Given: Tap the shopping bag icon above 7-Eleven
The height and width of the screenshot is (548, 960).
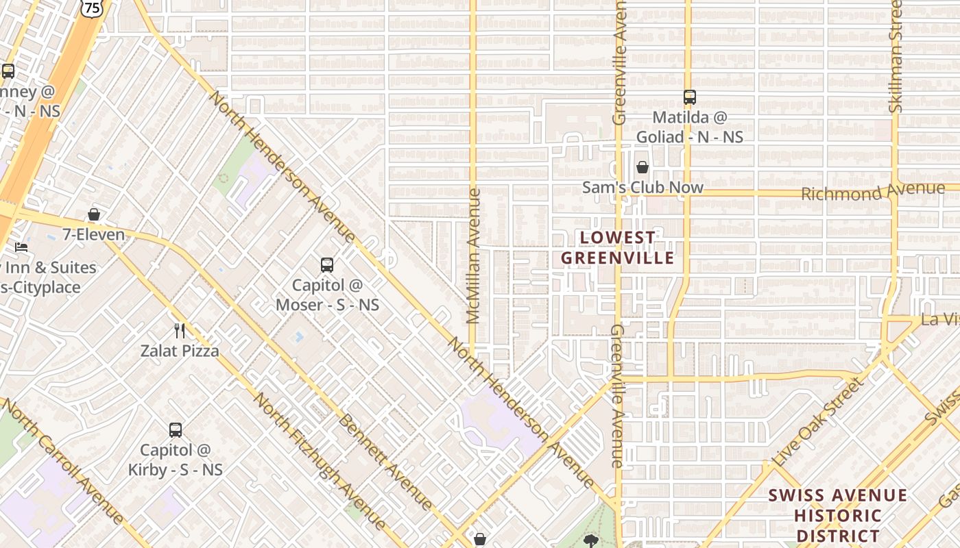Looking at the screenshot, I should (x=94, y=214).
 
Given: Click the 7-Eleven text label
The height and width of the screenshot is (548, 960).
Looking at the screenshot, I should (x=94, y=235).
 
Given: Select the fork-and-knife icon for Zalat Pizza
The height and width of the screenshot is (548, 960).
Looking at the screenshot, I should (x=180, y=331).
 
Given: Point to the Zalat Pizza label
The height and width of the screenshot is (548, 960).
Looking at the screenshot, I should (x=180, y=351).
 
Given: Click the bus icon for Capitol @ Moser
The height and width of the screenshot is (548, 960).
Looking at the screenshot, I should (x=327, y=264).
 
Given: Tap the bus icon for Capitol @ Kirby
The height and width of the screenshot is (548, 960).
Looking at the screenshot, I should (x=176, y=430).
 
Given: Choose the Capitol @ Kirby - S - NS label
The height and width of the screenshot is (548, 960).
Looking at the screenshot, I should (x=176, y=460).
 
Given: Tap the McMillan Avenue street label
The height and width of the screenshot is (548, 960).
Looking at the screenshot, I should (x=473, y=256).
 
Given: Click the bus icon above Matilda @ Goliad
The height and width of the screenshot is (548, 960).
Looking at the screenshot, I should (x=690, y=97).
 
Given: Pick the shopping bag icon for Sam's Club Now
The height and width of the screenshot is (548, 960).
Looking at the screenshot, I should (x=643, y=166).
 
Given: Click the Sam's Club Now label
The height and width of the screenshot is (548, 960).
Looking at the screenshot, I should (x=643, y=187).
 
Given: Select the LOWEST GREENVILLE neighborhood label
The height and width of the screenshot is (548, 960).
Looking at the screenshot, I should (x=618, y=248).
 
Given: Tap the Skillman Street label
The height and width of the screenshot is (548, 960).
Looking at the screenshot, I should (x=895, y=56).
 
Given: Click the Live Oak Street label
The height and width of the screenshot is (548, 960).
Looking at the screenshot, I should (x=816, y=423).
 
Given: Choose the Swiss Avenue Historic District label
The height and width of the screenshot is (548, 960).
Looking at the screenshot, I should (x=837, y=515).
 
